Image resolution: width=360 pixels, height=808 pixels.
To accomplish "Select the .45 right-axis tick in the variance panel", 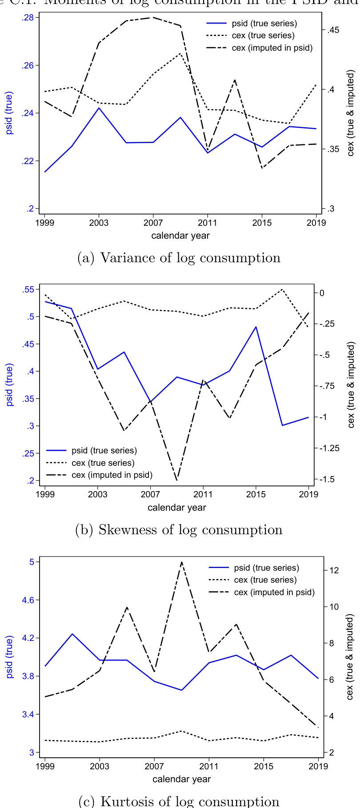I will (x=334, y=30).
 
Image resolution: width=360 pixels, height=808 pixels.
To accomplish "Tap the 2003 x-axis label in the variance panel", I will (x=99, y=222).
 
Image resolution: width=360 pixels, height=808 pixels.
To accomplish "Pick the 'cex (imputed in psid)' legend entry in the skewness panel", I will (x=112, y=475).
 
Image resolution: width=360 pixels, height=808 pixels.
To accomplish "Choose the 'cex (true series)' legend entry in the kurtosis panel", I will (x=265, y=580).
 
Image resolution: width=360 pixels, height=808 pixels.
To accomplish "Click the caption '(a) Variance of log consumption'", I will (x=179, y=258).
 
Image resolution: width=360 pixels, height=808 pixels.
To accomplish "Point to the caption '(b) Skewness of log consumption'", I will (x=179, y=530).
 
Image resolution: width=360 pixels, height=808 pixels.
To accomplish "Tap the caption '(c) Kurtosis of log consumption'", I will (x=179, y=801).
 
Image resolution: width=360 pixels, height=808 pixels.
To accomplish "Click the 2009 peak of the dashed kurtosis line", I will (x=181, y=562).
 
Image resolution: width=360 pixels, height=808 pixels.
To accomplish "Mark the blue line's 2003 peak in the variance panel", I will (x=99, y=108).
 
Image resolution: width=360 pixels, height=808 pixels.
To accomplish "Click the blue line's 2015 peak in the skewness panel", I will (x=256, y=327).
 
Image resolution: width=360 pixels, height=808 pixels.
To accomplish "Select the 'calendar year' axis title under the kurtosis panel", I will (x=181, y=779).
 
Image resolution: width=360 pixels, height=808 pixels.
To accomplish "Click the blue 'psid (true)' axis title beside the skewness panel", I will (x=9, y=385).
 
